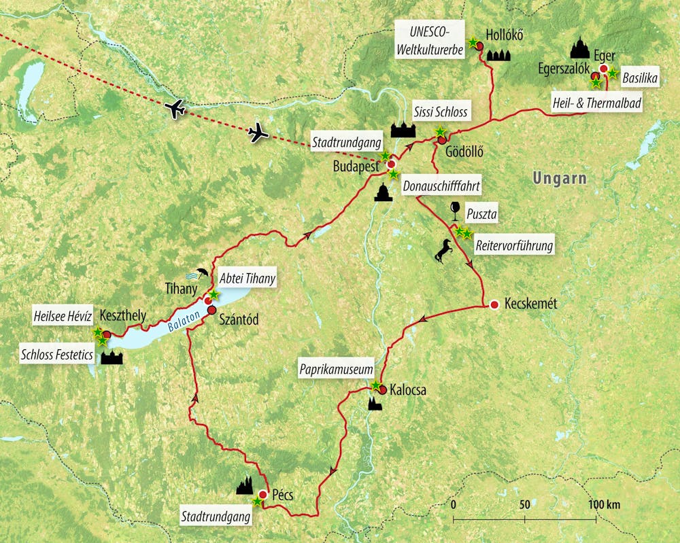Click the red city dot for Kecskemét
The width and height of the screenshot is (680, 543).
coord(494,304)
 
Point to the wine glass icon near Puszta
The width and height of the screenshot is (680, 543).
coord(455,211)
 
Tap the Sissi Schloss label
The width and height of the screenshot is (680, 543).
coord(441,111)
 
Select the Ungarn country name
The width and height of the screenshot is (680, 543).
coord(560,178)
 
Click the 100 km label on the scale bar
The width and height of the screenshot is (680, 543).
coord(604,505)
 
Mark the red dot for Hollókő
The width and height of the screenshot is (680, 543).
coord(479,46)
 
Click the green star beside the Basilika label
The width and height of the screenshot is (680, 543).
coord(612,73)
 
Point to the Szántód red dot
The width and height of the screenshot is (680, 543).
coord(211,311)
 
